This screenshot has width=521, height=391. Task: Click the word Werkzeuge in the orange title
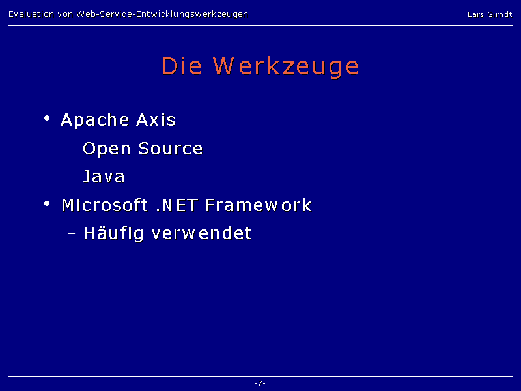click(x=286, y=67)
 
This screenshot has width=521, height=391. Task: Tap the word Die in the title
click(x=182, y=66)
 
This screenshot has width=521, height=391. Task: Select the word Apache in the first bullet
click(x=94, y=120)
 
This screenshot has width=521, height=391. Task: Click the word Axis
click(x=156, y=119)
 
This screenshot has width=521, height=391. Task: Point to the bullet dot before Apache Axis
click(x=47, y=118)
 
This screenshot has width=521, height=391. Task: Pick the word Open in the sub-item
click(x=106, y=149)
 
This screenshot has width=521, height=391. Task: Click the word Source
click(x=171, y=149)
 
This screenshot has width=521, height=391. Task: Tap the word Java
click(x=104, y=177)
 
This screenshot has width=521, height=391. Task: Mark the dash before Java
click(x=71, y=177)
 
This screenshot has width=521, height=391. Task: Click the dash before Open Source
click(x=71, y=149)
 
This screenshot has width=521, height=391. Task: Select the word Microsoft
click(x=105, y=205)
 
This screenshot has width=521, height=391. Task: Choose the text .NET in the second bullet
click(x=177, y=205)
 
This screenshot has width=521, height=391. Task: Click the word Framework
click(x=259, y=205)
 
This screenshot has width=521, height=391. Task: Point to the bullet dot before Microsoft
click(x=47, y=203)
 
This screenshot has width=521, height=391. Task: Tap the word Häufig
click(x=113, y=233)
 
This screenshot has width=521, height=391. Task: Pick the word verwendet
click(x=201, y=233)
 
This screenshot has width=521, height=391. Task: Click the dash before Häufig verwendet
click(x=71, y=233)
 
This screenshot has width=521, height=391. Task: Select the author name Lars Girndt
click(x=490, y=14)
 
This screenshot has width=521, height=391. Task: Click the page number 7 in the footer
click(x=260, y=383)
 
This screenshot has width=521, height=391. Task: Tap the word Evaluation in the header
click(x=31, y=14)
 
